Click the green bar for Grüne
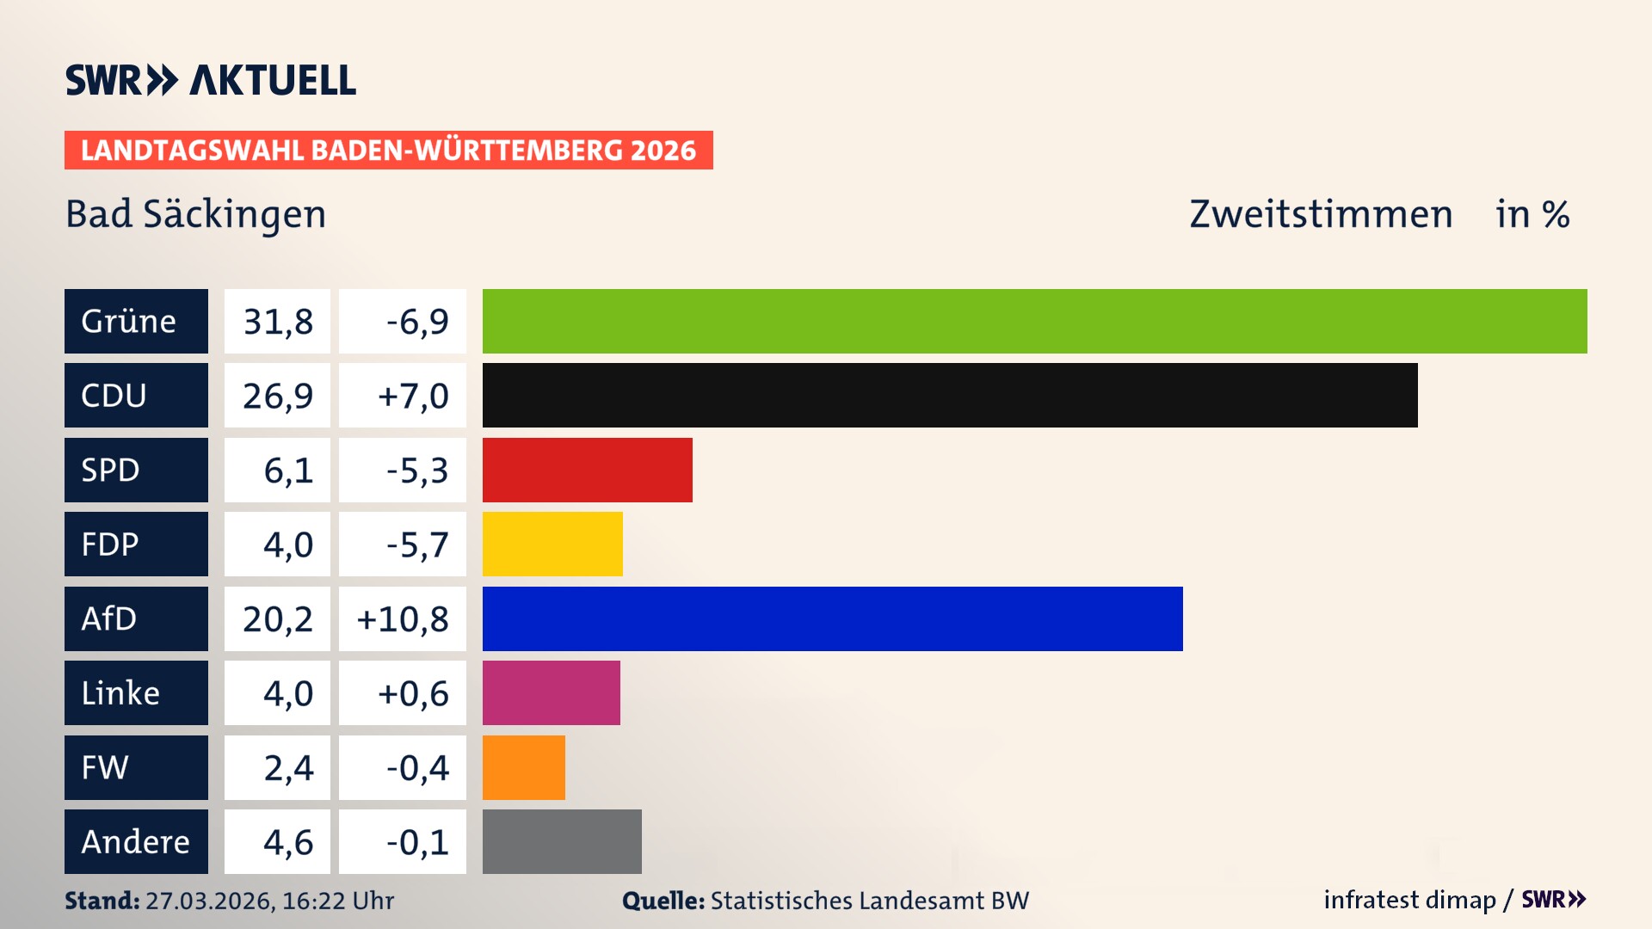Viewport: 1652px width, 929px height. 1034,321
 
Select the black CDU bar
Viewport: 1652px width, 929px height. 950,395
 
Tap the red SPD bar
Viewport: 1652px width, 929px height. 587,470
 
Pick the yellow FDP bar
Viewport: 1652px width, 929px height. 552,544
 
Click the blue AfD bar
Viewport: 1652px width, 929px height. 832,618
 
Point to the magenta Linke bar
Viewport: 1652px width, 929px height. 551,692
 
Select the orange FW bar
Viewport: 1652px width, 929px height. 523,767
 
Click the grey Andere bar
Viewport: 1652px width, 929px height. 562,841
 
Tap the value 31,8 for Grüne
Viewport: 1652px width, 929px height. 277,321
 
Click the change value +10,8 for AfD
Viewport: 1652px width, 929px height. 403,618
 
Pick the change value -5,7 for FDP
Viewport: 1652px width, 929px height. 416,544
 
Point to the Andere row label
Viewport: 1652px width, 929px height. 136,841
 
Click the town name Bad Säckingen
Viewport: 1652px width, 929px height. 196,214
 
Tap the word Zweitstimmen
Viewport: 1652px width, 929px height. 1320,214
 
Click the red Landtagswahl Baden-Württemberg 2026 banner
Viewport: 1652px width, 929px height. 388,150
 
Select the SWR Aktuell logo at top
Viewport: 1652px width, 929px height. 210,80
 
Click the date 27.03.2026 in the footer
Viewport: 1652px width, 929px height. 209,901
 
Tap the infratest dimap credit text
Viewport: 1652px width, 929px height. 1409,900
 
